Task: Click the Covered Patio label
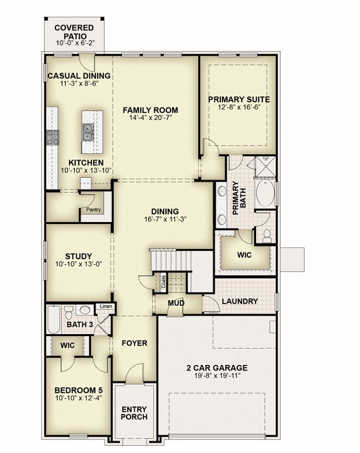click(75, 32)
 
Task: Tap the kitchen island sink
click(88, 132)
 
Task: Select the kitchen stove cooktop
click(53, 137)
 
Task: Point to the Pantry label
click(94, 210)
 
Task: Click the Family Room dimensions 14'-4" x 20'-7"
click(150, 118)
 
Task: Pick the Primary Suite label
click(239, 100)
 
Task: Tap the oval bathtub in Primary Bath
click(265, 193)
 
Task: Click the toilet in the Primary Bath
click(267, 236)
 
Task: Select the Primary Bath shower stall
click(266, 167)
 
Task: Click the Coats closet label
click(163, 281)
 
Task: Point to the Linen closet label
click(106, 306)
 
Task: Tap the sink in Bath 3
click(85, 311)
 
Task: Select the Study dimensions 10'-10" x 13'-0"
click(79, 264)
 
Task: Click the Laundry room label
click(239, 301)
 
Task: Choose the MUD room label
click(176, 303)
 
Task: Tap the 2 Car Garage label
click(217, 368)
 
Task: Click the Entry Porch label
click(134, 413)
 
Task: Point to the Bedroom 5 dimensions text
click(79, 398)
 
